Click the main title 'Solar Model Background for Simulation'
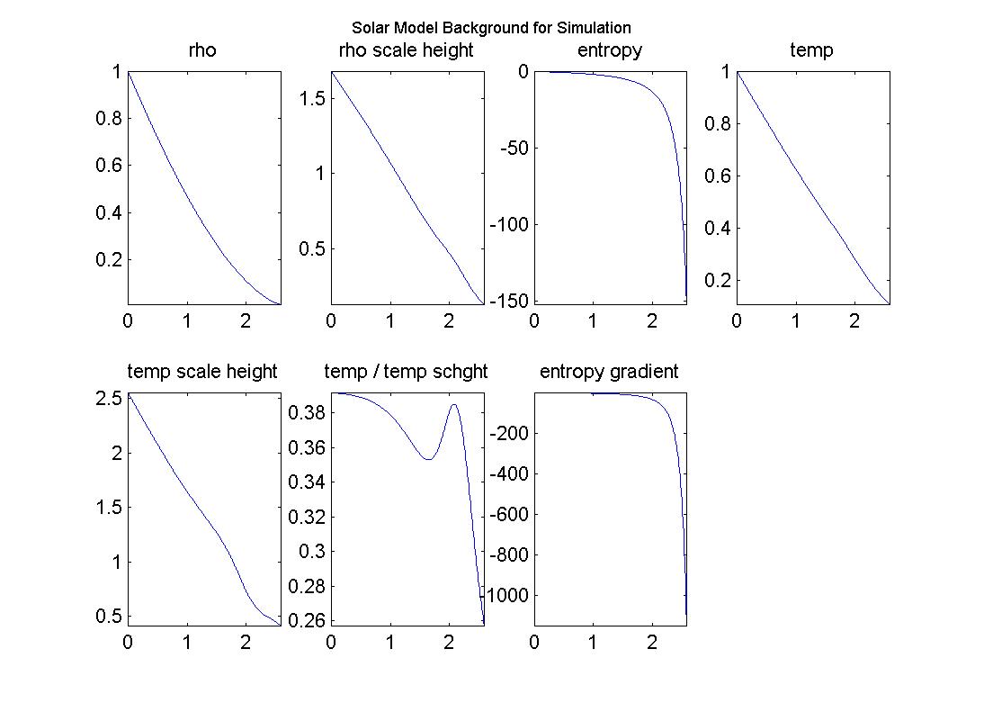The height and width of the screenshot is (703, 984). point(491,28)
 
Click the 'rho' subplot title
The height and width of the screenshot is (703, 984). point(202,50)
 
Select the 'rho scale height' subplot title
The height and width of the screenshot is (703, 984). point(406,50)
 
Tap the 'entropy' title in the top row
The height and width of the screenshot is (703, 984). point(610,50)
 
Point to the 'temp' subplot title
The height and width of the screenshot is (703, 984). point(811,50)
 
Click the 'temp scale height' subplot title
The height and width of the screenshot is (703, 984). point(202,371)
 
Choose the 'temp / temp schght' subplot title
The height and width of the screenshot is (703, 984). point(406,371)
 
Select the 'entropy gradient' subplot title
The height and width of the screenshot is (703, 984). point(609,371)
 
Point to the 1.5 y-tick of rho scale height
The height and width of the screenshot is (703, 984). point(311,97)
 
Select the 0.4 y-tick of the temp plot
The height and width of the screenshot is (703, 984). point(718,228)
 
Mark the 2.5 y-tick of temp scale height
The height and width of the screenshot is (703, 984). point(108,398)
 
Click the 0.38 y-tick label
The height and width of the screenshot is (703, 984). point(307,413)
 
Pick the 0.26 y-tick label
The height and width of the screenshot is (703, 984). point(307,620)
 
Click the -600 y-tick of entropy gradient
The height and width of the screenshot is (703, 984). point(508,515)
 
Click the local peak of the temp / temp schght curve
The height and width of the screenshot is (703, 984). point(453,404)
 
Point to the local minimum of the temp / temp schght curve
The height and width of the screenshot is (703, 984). point(428,459)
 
